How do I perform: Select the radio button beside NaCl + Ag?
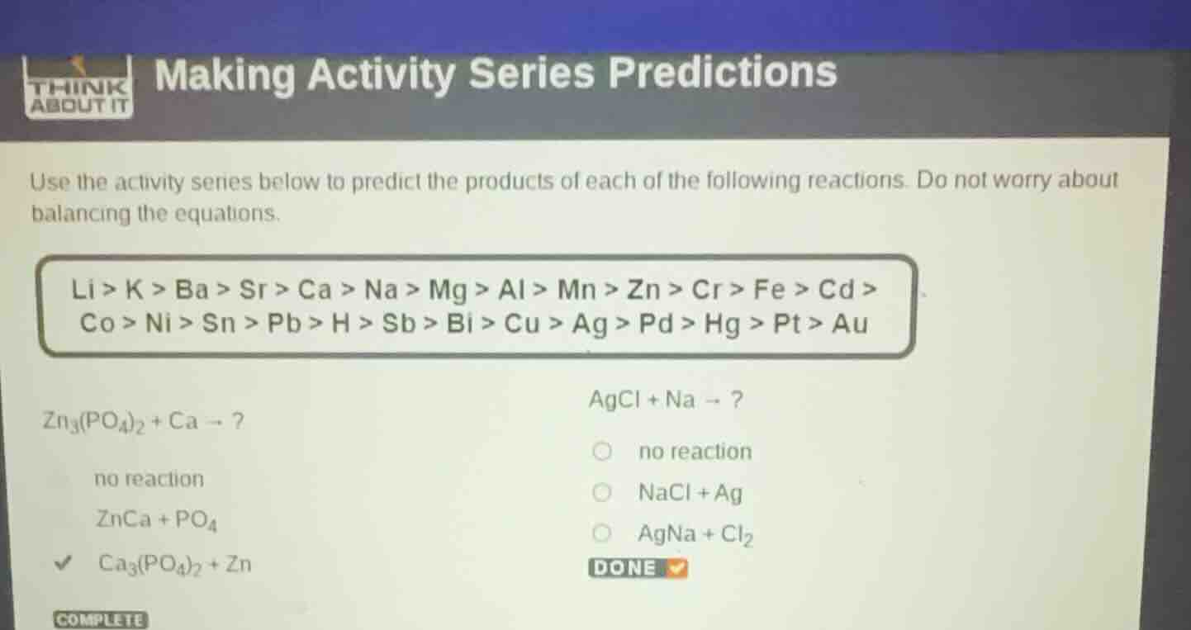603,493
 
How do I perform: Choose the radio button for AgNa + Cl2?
603,534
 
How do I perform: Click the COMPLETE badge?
100,620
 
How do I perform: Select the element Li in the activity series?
84,290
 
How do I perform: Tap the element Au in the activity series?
850,324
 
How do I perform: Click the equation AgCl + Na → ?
666,401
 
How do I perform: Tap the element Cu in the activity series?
522,324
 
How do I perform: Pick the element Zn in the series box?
645,290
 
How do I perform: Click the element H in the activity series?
339,324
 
